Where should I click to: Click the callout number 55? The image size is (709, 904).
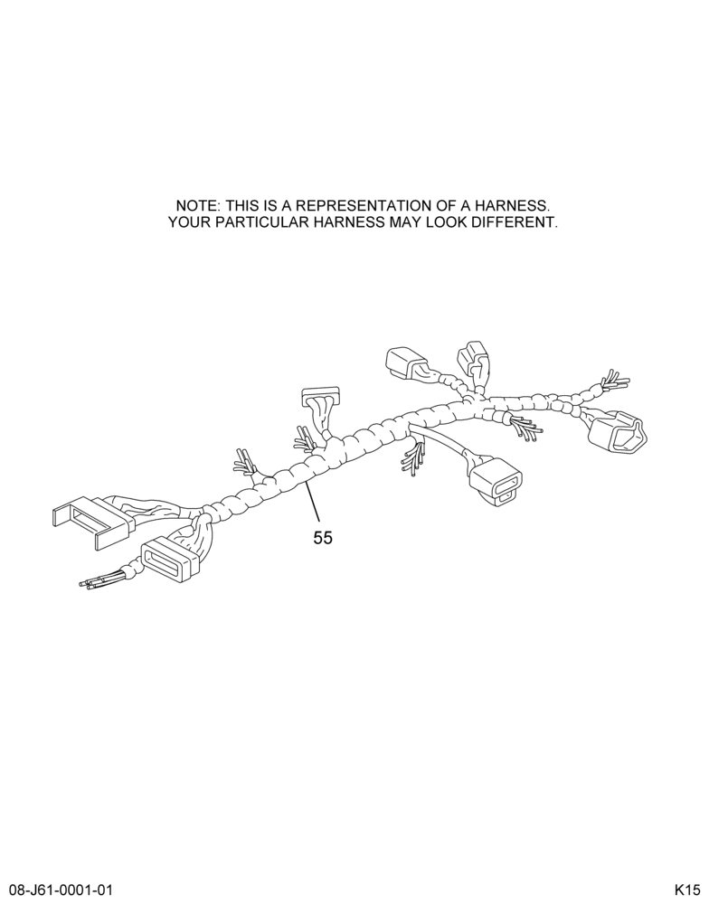click(323, 538)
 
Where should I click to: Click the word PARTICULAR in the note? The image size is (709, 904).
click(252, 222)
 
